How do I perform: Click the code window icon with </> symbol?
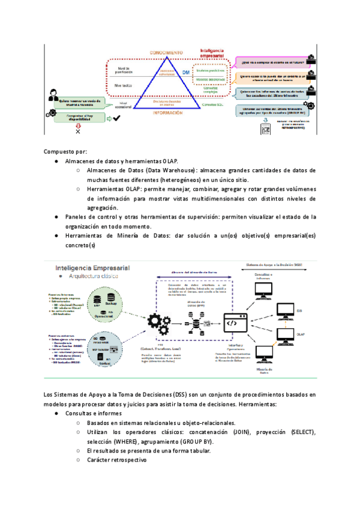coord(235,322)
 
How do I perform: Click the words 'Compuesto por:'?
coord(64,152)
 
